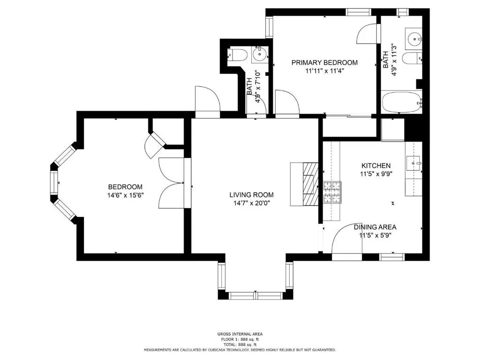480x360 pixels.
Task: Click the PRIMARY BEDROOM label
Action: [x=324, y=63]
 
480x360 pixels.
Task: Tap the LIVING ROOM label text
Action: [x=251, y=195]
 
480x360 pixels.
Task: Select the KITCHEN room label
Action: [x=376, y=166]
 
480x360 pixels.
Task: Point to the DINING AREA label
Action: [x=375, y=227]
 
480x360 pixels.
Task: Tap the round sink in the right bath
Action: [x=414, y=39]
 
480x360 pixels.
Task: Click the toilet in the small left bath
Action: [x=238, y=54]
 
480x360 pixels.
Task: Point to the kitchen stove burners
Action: [x=332, y=192]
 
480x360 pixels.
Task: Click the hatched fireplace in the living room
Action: [x=311, y=184]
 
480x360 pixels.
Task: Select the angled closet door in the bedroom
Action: [x=156, y=145]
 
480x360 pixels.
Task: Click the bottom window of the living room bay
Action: [x=255, y=295]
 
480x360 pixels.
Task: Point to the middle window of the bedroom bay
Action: [x=54, y=183]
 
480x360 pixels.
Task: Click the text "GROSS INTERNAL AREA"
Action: [x=240, y=334]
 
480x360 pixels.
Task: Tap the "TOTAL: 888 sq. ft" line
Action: [x=240, y=345]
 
